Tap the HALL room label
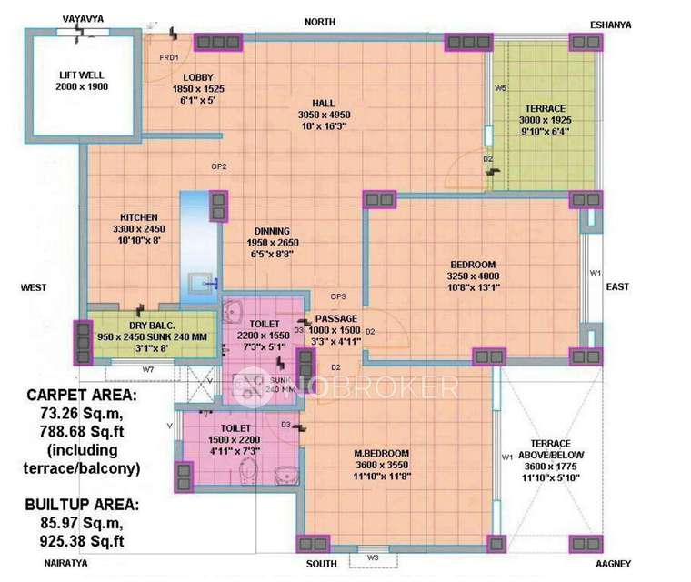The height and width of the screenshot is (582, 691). pyautogui.click(x=325, y=103)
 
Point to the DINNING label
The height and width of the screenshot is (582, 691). pyautogui.click(x=272, y=231)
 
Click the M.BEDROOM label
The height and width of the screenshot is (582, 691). pyautogui.click(x=382, y=453)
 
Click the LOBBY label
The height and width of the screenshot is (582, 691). pyautogui.click(x=197, y=77)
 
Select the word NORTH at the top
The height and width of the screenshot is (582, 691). pyautogui.click(x=319, y=21)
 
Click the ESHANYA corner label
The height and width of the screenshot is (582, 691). pyautogui.click(x=636, y=25)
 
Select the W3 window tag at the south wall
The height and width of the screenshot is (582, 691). pyautogui.click(x=373, y=557)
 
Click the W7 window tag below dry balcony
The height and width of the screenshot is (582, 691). pyautogui.click(x=147, y=369)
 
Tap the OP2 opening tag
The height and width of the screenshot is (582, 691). pyautogui.click(x=218, y=166)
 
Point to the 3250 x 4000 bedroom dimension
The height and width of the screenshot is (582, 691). pyautogui.click(x=471, y=276)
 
